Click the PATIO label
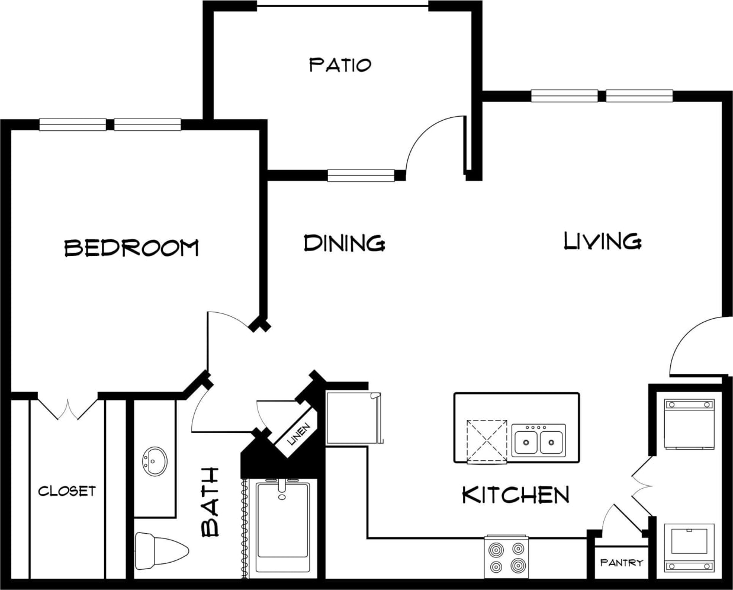coord(340,64)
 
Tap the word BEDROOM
coord(131,247)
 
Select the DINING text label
coord(344,243)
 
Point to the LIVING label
coord(602,241)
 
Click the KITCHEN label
coord(515,494)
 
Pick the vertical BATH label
coord(211,502)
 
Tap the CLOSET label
coord(66,491)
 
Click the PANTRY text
coord(621,562)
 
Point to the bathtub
coord(283,526)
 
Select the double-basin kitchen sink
coord(538,440)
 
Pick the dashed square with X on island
coord(487,440)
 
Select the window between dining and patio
coord(361,175)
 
